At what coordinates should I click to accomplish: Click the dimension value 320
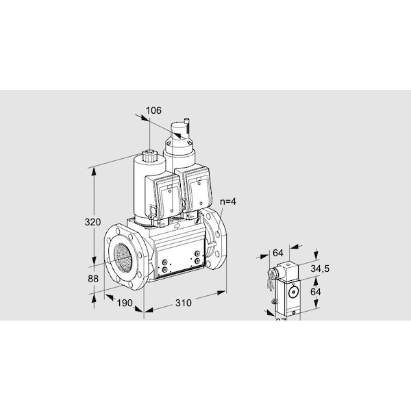tap(92, 222)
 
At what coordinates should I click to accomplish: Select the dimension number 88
tap(93, 279)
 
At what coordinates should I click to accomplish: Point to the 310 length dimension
tap(182, 302)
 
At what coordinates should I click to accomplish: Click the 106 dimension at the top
tap(154, 109)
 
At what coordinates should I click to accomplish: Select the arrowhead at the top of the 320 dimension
tap(94, 169)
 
